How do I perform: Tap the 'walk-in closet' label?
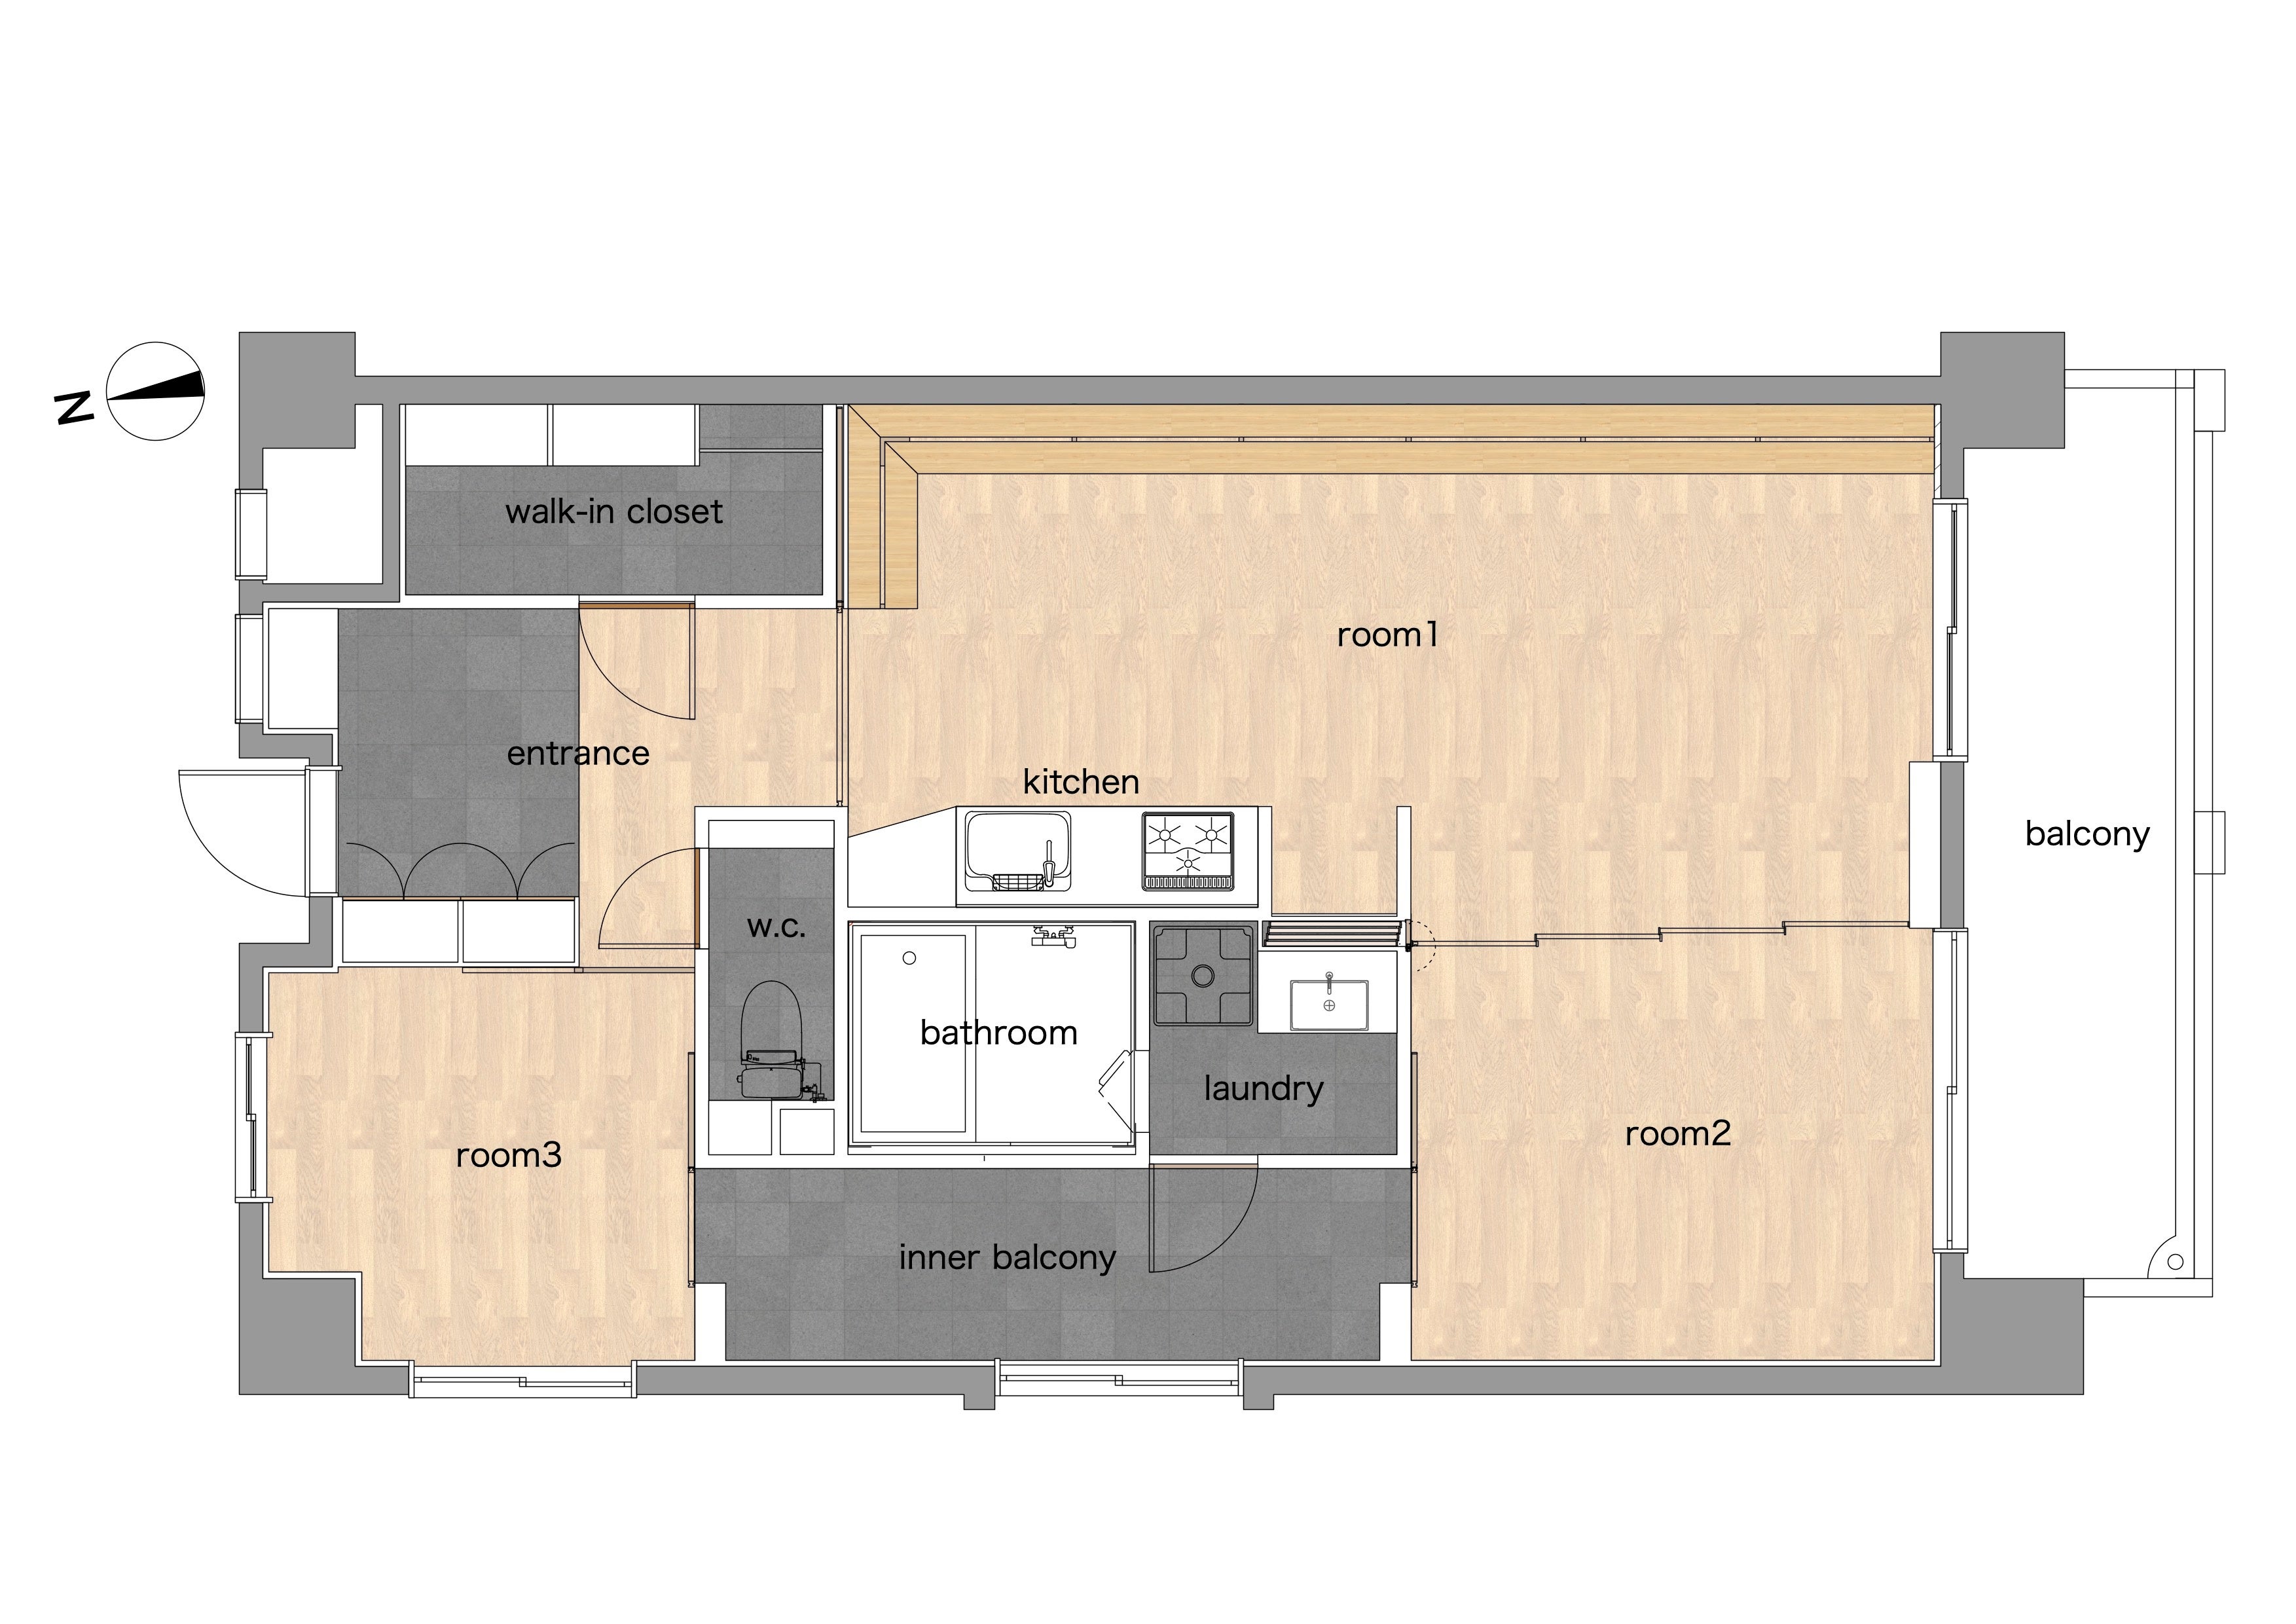pos(614,512)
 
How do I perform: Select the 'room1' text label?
pos(1387,635)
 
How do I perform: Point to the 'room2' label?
pos(1677,1134)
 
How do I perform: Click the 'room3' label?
pos(508,1156)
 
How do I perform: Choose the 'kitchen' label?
pos(1081,782)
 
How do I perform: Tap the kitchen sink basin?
pos(1017,851)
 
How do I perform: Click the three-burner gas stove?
pos(1188,851)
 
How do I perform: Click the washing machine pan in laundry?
pos(1203,976)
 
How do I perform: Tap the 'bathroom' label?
pos(998,1033)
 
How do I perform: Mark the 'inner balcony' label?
pos(1007,1258)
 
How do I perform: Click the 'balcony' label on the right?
pos(2087,834)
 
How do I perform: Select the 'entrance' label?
pos(578,754)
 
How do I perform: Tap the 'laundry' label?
pos(1263,1089)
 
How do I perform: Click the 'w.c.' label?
pos(776,928)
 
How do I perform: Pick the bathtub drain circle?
pos(909,958)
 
